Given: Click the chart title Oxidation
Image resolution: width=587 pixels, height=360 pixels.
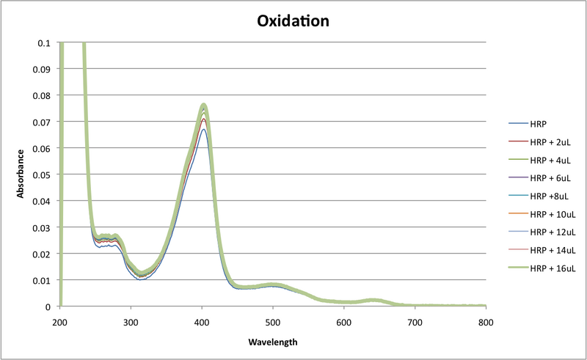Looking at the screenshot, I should pos(293,21).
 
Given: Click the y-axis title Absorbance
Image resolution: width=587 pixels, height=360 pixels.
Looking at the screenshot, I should pos(21,175).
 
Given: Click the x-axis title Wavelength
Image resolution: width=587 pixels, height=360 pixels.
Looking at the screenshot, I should pos(272,342).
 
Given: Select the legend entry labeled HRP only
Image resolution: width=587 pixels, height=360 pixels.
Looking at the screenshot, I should pos(539,124).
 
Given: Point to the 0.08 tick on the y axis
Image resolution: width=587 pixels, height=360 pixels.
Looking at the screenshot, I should pos(44,95).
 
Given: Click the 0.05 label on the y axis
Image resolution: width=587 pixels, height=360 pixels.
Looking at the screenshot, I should pos(44,175).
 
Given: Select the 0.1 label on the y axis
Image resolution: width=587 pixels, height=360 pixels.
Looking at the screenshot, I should pos(47,43).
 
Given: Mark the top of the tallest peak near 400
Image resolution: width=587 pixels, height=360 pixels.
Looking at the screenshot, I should pos(203,104).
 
